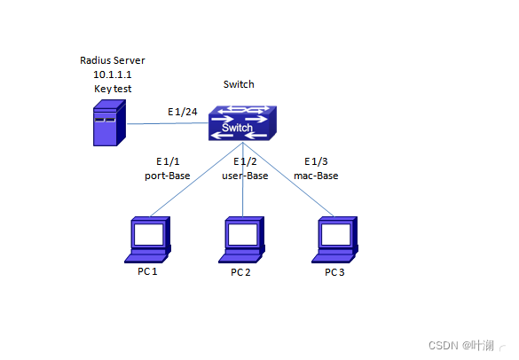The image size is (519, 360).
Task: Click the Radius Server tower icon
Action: (106, 124)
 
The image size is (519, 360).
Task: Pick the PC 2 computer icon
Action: (241, 238)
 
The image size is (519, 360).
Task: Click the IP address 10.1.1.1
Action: (112, 74)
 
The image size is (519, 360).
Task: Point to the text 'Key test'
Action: (112, 89)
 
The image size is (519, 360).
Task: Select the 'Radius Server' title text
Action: (112, 60)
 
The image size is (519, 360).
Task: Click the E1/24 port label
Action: (183, 112)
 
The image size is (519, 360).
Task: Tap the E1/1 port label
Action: (167, 161)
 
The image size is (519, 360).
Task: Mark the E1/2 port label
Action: (245, 161)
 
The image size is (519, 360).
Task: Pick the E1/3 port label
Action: (316, 161)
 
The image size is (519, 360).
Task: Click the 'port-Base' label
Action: (168, 176)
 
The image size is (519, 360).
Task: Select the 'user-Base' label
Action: (245, 176)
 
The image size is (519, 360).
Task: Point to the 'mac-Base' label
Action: (316, 176)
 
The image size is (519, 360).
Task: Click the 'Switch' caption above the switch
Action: (239, 84)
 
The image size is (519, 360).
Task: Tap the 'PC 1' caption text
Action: (147, 271)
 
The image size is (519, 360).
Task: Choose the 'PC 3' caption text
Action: (334, 271)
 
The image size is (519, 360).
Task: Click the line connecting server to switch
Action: (169, 123)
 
